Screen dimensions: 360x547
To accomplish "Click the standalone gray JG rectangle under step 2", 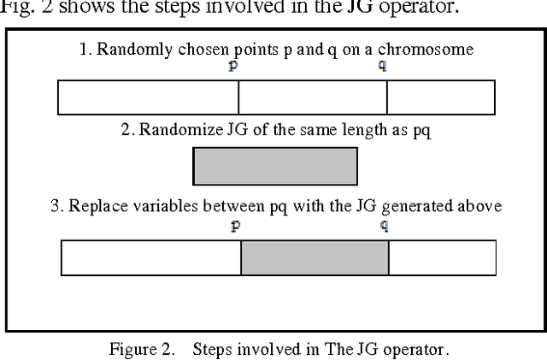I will click(x=274, y=166).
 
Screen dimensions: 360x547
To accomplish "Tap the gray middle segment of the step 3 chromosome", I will click(x=315, y=257).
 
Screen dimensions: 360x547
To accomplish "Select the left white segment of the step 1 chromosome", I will click(x=148, y=97).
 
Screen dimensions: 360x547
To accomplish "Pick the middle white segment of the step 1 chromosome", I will click(x=313, y=97).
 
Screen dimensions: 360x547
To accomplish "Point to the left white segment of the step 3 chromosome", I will click(x=150, y=257).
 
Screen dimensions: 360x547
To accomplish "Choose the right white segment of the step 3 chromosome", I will click(x=442, y=257).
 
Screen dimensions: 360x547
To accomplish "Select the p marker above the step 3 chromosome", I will click(x=235, y=226).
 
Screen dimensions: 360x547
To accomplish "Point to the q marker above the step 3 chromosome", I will click(x=385, y=226).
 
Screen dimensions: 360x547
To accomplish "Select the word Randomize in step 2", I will click(x=174, y=130).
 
